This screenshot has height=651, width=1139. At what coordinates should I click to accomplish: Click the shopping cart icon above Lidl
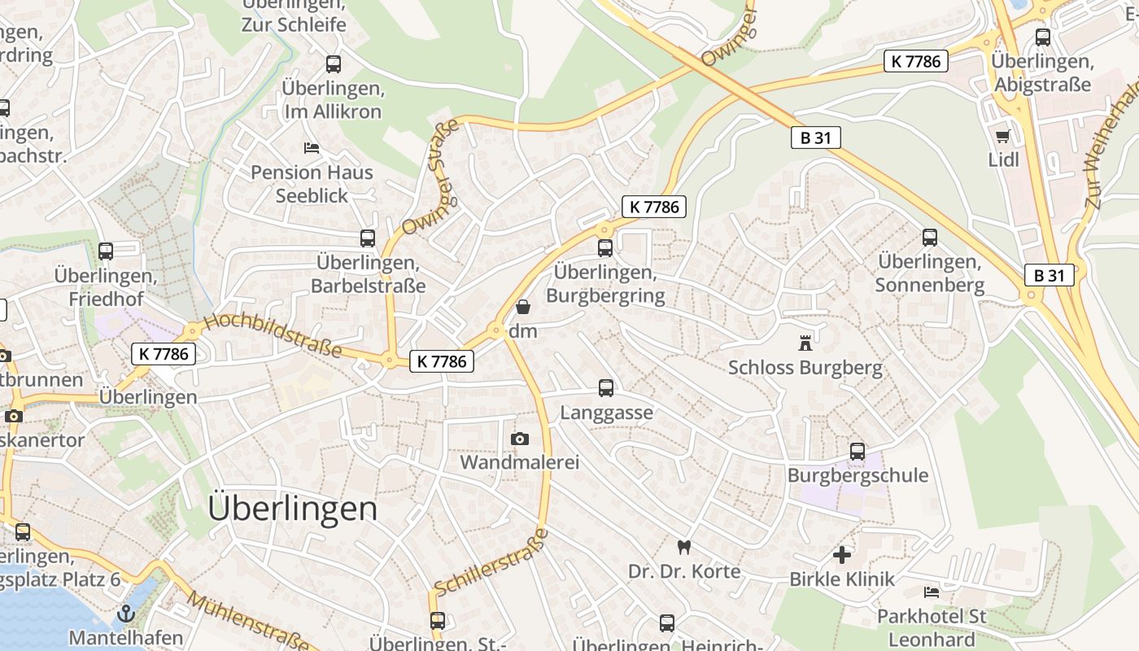[x=1002, y=136]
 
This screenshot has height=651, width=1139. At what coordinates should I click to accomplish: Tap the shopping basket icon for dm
[x=522, y=307]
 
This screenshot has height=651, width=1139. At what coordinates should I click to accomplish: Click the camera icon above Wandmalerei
[x=519, y=439]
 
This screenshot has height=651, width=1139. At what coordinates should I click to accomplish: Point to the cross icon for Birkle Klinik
[x=842, y=555]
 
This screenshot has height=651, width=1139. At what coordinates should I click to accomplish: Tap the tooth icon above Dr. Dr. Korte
[x=683, y=547]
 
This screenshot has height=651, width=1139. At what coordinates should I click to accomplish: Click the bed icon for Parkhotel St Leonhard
[x=932, y=592]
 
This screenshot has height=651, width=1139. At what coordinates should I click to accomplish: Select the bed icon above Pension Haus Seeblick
[x=311, y=148]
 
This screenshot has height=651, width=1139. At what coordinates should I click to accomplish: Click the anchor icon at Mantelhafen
[x=125, y=613]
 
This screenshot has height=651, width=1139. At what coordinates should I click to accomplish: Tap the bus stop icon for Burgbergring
[x=604, y=248]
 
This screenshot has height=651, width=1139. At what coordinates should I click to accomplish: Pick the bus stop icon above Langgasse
[x=606, y=388]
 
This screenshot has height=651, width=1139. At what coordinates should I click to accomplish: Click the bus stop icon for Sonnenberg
[x=930, y=238]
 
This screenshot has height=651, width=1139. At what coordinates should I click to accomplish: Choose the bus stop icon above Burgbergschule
[x=857, y=452]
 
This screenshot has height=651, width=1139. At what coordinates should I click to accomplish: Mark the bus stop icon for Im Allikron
[x=333, y=64]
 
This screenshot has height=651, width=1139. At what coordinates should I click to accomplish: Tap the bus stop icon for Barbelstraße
[x=368, y=238]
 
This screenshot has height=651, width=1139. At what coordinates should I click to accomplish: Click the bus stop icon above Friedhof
[x=105, y=251]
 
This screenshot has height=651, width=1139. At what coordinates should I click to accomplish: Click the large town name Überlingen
[x=292, y=509]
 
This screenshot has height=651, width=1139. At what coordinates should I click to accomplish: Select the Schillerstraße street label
[x=491, y=561]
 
